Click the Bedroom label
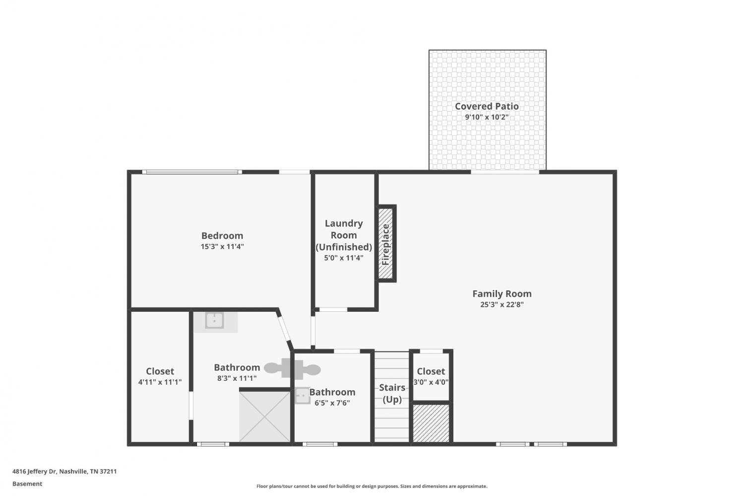coord(222,236)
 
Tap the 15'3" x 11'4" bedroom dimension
coord(222,247)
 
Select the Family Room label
coord(502,294)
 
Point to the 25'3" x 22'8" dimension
coord(502,304)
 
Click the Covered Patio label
coord(487,106)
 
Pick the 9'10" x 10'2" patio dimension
coord(487,117)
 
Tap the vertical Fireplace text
coord(385,244)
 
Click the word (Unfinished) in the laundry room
coord(344,247)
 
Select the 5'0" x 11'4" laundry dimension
coord(344,258)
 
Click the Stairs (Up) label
coord(392,393)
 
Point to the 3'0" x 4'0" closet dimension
coord(431,382)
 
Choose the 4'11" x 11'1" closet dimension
coord(160,382)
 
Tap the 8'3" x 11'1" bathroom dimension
coord(237,378)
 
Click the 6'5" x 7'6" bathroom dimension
coord(332,403)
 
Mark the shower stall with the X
coord(265,417)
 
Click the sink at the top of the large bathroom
coord(214,321)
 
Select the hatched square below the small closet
coord(431,423)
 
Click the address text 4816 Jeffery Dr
coord(34,471)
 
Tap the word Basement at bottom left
coord(27,484)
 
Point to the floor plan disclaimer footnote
coord(372,486)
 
